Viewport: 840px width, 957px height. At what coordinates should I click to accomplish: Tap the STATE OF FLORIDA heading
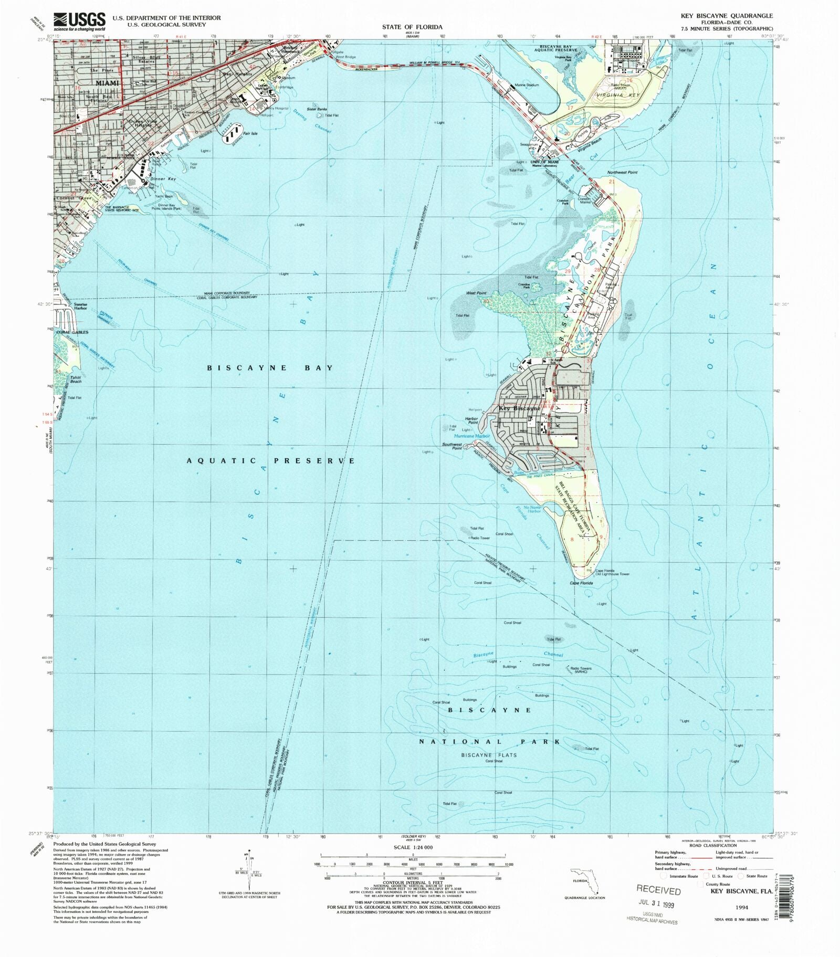tap(412, 27)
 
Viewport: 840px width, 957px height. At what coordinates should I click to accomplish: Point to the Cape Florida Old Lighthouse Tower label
tap(612, 572)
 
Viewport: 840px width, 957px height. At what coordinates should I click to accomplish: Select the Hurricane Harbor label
tap(471, 436)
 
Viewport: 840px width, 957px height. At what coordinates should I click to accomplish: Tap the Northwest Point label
tap(622, 172)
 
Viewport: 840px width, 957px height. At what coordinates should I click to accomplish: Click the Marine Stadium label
tap(527, 85)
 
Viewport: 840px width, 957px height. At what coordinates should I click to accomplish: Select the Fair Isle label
tap(250, 133)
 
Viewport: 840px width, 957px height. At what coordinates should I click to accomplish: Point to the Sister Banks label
tap(317, 109)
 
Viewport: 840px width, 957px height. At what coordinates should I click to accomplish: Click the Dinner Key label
tap(163, 179)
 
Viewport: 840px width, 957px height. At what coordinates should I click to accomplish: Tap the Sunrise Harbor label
tap(80, 306)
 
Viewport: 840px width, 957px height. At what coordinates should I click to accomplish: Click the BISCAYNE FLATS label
tap(489, 755)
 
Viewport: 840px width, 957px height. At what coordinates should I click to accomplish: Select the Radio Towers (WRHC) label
tap(581, 670)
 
